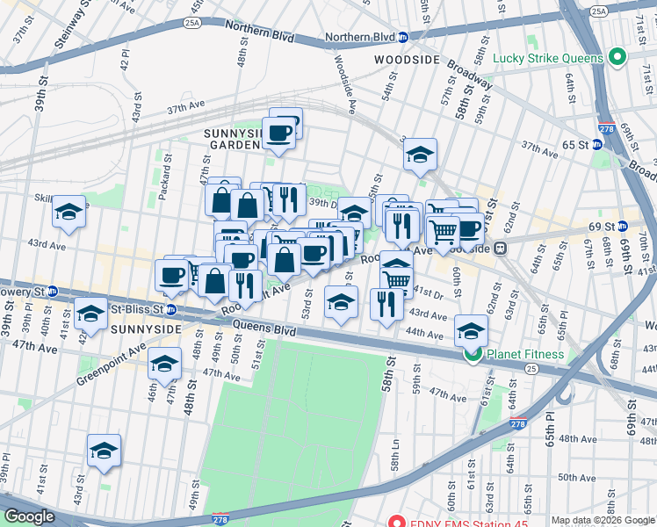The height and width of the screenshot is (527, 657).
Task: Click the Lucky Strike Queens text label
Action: tap(548, 59)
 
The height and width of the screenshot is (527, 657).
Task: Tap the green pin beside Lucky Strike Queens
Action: tap(617, 59)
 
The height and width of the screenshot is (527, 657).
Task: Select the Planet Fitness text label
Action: tap(527, 355)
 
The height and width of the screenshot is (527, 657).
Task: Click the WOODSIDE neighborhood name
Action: tap(405, 60)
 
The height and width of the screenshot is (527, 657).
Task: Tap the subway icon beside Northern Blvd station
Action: tap(402, 38)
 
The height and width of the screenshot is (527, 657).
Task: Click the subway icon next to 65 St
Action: tap(597, 144)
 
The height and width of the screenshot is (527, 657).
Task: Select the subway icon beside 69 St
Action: tap(643, 226)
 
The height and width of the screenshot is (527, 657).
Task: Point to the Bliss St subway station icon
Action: tap(171, 309)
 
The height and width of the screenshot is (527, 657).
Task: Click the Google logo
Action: tap(30, 516)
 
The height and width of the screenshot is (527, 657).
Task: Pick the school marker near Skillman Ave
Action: tap(69, 212)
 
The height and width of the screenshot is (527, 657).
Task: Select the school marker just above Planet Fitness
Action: tap(471, 331)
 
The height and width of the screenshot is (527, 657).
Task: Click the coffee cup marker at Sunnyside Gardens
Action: tap(280, 133)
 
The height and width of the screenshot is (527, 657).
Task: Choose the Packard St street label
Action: tap(164, 177)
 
